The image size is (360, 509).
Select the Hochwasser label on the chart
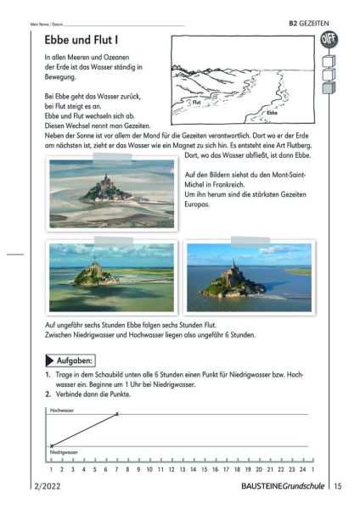(x=64, y=411)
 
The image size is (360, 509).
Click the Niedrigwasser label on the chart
(x=67, y=454)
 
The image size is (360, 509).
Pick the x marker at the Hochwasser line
(x=117, y=414)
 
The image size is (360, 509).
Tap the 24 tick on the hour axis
(x=303, y=469)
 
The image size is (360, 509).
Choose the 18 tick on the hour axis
(x=237, y=469)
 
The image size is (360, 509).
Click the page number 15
(x=337, y=486)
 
